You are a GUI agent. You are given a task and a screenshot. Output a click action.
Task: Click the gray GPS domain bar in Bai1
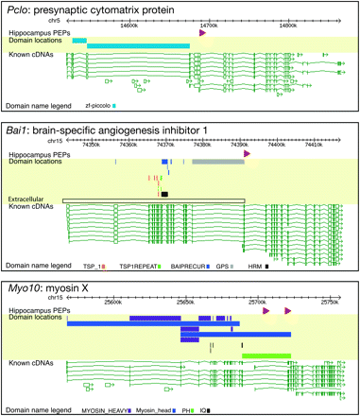(x=218, y=163)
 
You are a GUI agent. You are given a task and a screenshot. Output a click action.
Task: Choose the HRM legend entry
(x=254, y=268)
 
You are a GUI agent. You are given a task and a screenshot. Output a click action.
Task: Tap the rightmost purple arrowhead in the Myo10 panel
(x=288, y=310)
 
